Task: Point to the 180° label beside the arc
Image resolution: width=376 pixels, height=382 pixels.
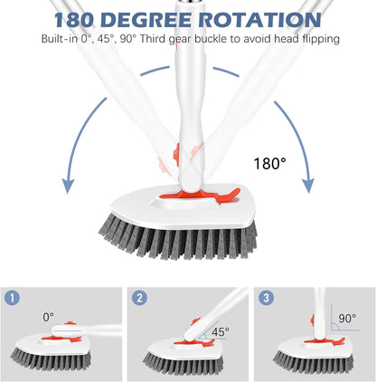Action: coord(269,163)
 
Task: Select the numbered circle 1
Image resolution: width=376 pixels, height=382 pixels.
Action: coord(14,297)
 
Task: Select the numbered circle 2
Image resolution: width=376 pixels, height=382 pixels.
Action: coord(139,297)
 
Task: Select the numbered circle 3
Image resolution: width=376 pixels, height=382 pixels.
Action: coord(265,297)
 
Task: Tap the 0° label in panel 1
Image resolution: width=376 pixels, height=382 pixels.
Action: coord(49,317)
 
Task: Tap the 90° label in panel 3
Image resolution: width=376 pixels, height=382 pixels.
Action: coord(347,319)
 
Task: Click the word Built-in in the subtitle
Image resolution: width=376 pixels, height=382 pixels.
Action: coord(59,39)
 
